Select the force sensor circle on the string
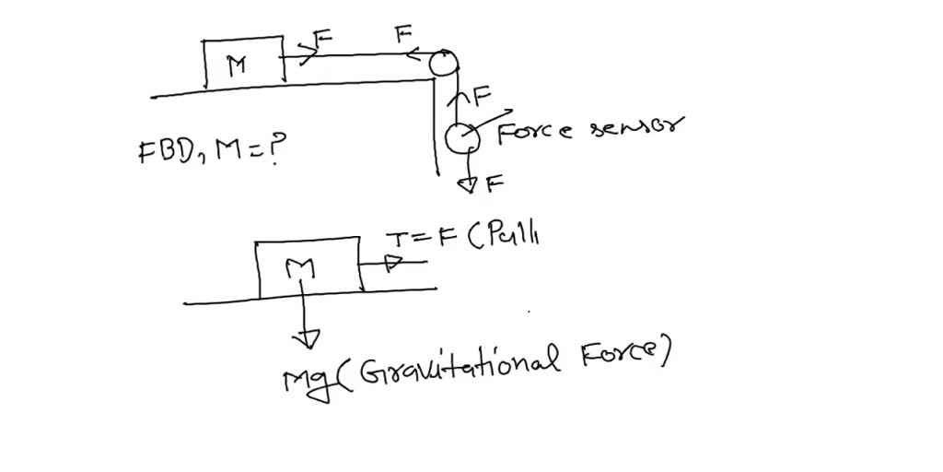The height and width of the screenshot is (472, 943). point(460,137)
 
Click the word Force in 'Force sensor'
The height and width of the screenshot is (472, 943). point(535,132)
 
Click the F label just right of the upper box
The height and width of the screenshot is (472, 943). point(323,39)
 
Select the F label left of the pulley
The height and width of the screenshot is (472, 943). point(402,36)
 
